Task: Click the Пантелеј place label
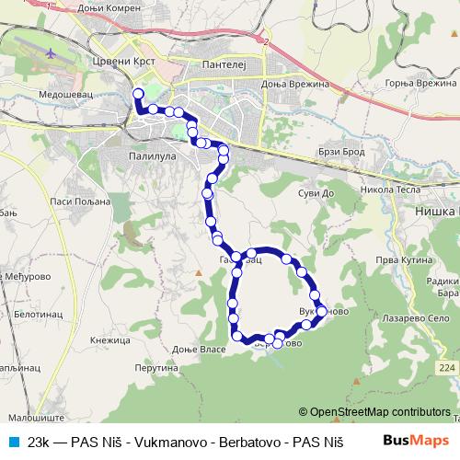[x=220, y=64]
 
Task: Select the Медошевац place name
[x=68, y=94]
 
